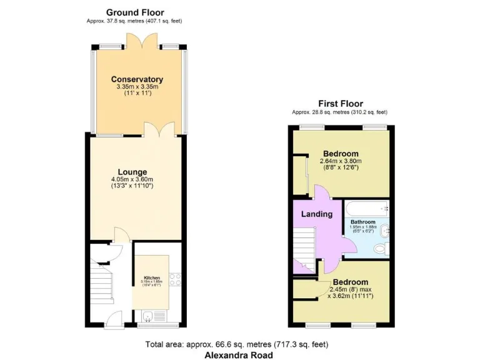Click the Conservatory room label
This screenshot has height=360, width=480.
pos(137,79)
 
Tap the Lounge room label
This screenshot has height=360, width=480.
pos(132,172)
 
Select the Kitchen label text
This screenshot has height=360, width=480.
pos(152,277)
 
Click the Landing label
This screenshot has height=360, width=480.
pos(317,214)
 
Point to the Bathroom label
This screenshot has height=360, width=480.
pos(362,222)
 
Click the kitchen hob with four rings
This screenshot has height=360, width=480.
pos(175,279)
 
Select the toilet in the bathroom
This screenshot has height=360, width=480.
pos(379,249)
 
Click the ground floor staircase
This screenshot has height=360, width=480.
pos(100,275)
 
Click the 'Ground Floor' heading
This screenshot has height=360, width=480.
pos(135,12)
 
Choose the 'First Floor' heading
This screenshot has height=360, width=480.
pos(341,104)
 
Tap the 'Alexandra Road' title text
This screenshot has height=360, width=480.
pos(239,355)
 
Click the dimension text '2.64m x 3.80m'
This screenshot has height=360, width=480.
pos(341,161)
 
